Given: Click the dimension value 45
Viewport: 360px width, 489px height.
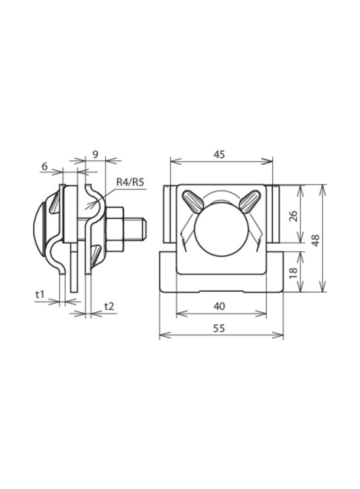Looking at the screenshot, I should click(219, 154).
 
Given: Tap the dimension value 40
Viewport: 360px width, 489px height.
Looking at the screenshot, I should click(219, 306).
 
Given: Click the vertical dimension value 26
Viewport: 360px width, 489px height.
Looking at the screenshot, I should click(294, 214).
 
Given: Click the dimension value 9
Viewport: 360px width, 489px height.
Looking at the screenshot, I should click(95, 154).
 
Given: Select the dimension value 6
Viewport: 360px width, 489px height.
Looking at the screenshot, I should click(45, 166).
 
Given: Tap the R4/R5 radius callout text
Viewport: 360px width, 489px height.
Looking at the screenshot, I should click(130, 182).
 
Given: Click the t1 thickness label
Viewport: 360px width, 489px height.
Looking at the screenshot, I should click(40, 294).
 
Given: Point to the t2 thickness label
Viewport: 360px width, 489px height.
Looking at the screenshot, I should click(109, 306).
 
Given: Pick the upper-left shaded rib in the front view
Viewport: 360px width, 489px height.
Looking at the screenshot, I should click(192, 201).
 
